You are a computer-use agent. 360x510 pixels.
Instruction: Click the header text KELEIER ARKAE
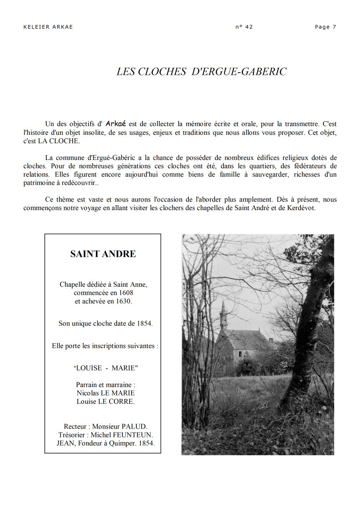48,27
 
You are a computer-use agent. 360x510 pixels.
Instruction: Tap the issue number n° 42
244,27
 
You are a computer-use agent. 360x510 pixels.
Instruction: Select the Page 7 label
326,27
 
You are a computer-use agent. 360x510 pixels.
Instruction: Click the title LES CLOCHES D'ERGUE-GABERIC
202,72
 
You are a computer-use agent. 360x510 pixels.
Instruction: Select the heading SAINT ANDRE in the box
103,254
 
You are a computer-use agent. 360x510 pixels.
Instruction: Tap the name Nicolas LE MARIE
106,393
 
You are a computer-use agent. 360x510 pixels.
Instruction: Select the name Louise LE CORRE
106,401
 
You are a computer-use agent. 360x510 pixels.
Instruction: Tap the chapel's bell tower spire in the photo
223,314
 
